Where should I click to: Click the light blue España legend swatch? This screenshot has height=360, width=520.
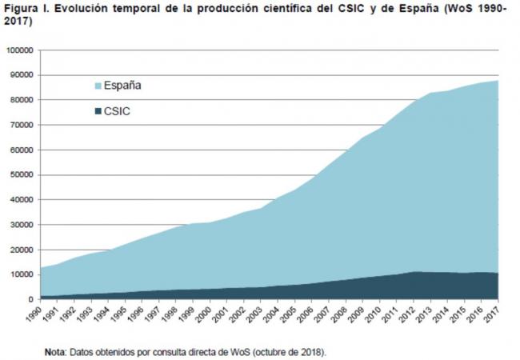[x=98, y=86]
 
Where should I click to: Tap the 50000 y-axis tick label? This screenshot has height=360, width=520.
[x=21, y=174]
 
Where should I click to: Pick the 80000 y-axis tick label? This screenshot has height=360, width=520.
[x=21, y=100]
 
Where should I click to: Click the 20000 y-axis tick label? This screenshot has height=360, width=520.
[x=21, y=250]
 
